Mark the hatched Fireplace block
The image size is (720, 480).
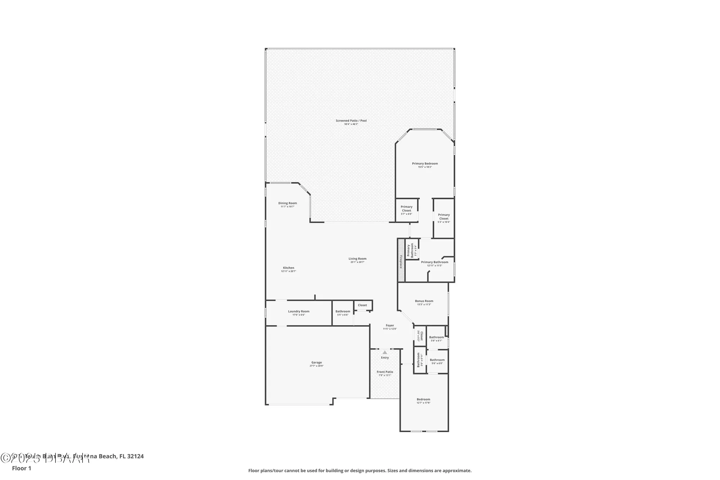pos(401,260)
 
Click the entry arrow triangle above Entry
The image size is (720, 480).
pos(385,352)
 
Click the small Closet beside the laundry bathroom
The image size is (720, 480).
pos(362,305)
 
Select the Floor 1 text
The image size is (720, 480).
pos(22,468)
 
